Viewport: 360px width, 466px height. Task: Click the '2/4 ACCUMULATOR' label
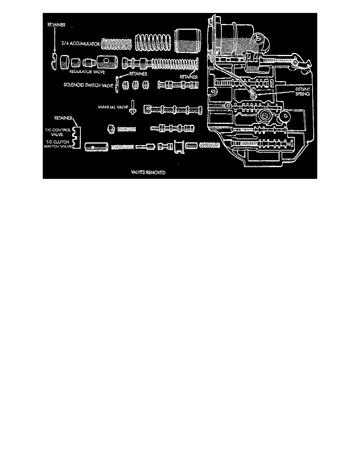click(80, 44)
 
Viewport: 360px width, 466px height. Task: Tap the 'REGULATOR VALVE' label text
click(87, 72)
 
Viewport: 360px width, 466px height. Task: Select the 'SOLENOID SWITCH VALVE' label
click(89, 85)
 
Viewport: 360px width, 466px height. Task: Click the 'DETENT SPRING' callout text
click(302, 91)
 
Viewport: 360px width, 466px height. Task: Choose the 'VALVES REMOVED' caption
click(148, 172)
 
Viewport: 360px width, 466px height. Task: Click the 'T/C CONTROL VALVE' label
click(58, 132)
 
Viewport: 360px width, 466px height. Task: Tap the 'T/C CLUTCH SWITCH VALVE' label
click(58, 144)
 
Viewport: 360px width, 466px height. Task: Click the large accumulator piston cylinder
click(188, 41)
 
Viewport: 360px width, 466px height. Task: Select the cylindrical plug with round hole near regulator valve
click(107, 62)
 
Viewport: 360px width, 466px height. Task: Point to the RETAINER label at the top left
click(56, 25)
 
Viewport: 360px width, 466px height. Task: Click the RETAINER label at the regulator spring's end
click(189, 77)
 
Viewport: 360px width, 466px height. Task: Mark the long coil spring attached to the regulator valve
click(175, 63)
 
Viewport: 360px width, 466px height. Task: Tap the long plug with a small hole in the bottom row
click(96, 147)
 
